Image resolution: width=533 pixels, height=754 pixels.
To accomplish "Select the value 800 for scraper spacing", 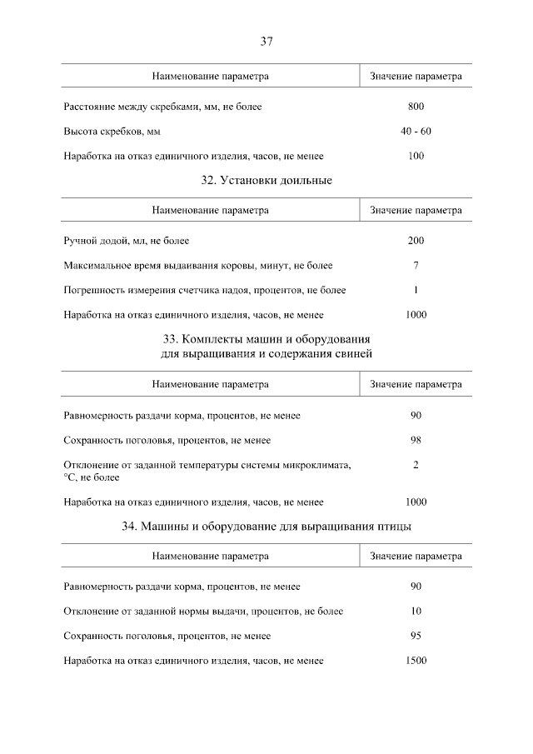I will [416, 107].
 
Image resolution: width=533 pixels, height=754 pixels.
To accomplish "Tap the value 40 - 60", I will [416, 131].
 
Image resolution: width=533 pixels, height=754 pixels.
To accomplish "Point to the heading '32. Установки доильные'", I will [266, 180].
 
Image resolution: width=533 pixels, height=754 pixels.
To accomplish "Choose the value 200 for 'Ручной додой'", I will [416, 241].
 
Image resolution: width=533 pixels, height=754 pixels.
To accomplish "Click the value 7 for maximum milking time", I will [416, 266].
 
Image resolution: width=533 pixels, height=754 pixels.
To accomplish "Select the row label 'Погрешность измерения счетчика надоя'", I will [204, 291].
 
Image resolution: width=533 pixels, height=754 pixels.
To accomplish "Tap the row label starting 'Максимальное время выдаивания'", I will [197, 266].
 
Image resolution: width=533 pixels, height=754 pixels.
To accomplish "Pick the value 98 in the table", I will [416, 440].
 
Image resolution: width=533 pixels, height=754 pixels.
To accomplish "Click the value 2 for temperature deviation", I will [416, 465].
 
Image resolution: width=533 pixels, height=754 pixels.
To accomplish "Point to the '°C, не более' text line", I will [92, 477].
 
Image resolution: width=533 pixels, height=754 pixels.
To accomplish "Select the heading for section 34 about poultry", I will [266, 526].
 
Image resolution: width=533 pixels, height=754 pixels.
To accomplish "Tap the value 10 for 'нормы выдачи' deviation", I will [416, 611].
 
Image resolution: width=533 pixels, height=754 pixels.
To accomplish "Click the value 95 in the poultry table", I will [416, 636].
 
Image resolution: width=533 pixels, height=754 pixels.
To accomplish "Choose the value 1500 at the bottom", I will [416, 661].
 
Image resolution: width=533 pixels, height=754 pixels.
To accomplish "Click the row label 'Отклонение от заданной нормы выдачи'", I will [202, 611].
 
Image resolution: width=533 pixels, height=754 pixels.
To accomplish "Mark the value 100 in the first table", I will [416, 156].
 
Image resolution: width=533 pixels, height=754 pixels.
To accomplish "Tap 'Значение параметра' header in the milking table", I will [416, 211].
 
